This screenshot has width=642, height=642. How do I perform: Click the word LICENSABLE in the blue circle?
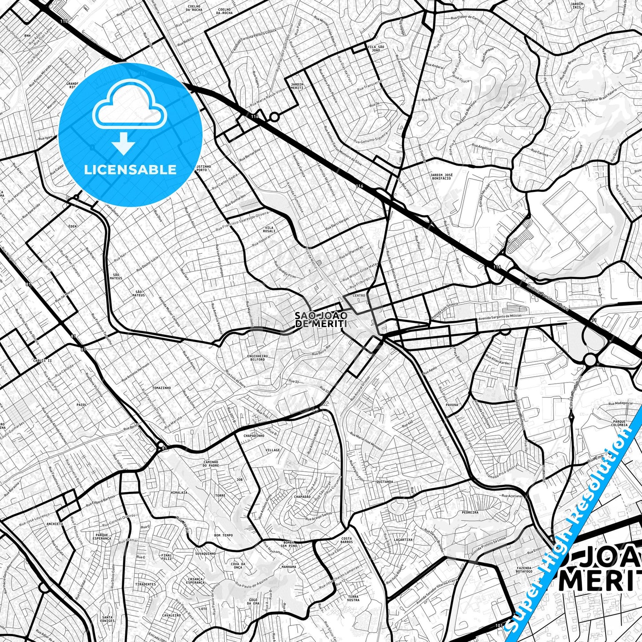[x=130, y=170]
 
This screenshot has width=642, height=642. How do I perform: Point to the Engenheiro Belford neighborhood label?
[x=258, y=358]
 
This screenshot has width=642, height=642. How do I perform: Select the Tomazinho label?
[x=161, y=388]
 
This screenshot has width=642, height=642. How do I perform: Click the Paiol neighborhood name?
[x=82, y=405]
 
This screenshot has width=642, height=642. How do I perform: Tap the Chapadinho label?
[x=254, y=436]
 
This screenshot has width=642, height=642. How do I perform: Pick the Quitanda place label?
[x=385, y=482]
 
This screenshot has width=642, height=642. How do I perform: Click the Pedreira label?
[x=470, y=512]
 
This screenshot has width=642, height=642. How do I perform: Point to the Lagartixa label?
[x=403, y=539]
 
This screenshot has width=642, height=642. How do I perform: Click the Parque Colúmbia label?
[x=619, y=423]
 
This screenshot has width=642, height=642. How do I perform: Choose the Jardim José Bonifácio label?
[x=442, y=177]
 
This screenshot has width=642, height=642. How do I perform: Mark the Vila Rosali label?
[x=269, y=230]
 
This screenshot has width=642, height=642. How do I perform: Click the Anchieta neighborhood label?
[x=55, y=524]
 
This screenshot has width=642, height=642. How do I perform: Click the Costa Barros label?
[x=347, y=540]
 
